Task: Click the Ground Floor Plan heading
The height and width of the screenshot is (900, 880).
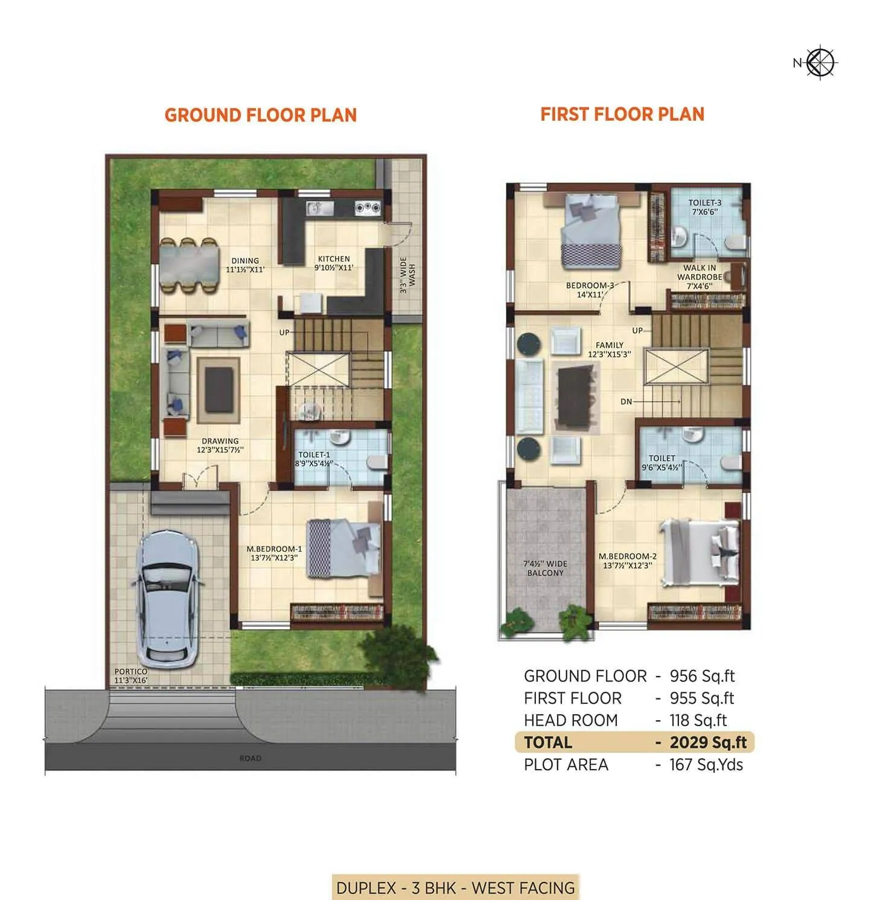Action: (260, 115)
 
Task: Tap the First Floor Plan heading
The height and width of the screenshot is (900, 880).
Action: (622, 114)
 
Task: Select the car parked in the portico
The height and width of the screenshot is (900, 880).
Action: (168, 596)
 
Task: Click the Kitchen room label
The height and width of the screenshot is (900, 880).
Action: (334, 263)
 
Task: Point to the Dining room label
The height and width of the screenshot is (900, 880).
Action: (245, 265)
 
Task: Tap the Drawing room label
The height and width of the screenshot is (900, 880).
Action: (220, 445)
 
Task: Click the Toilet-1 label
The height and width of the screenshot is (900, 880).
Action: (314, 459)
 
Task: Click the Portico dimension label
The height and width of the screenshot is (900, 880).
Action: (131, 675)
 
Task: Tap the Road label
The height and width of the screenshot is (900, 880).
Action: (250, 758)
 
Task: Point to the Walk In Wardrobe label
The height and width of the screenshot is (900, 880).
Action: (700, 277)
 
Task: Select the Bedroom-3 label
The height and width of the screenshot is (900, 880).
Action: (590, 290)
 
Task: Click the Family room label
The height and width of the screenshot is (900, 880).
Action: (609, 349)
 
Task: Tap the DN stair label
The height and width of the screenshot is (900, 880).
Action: (626, 402)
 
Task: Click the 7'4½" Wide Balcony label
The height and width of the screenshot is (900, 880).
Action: (545, 568)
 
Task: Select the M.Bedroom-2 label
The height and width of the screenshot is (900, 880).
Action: (627, 561)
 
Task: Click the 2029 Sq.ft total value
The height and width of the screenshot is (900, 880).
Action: (708, 742)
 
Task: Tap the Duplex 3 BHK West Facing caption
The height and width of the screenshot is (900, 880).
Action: (455, 888)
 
